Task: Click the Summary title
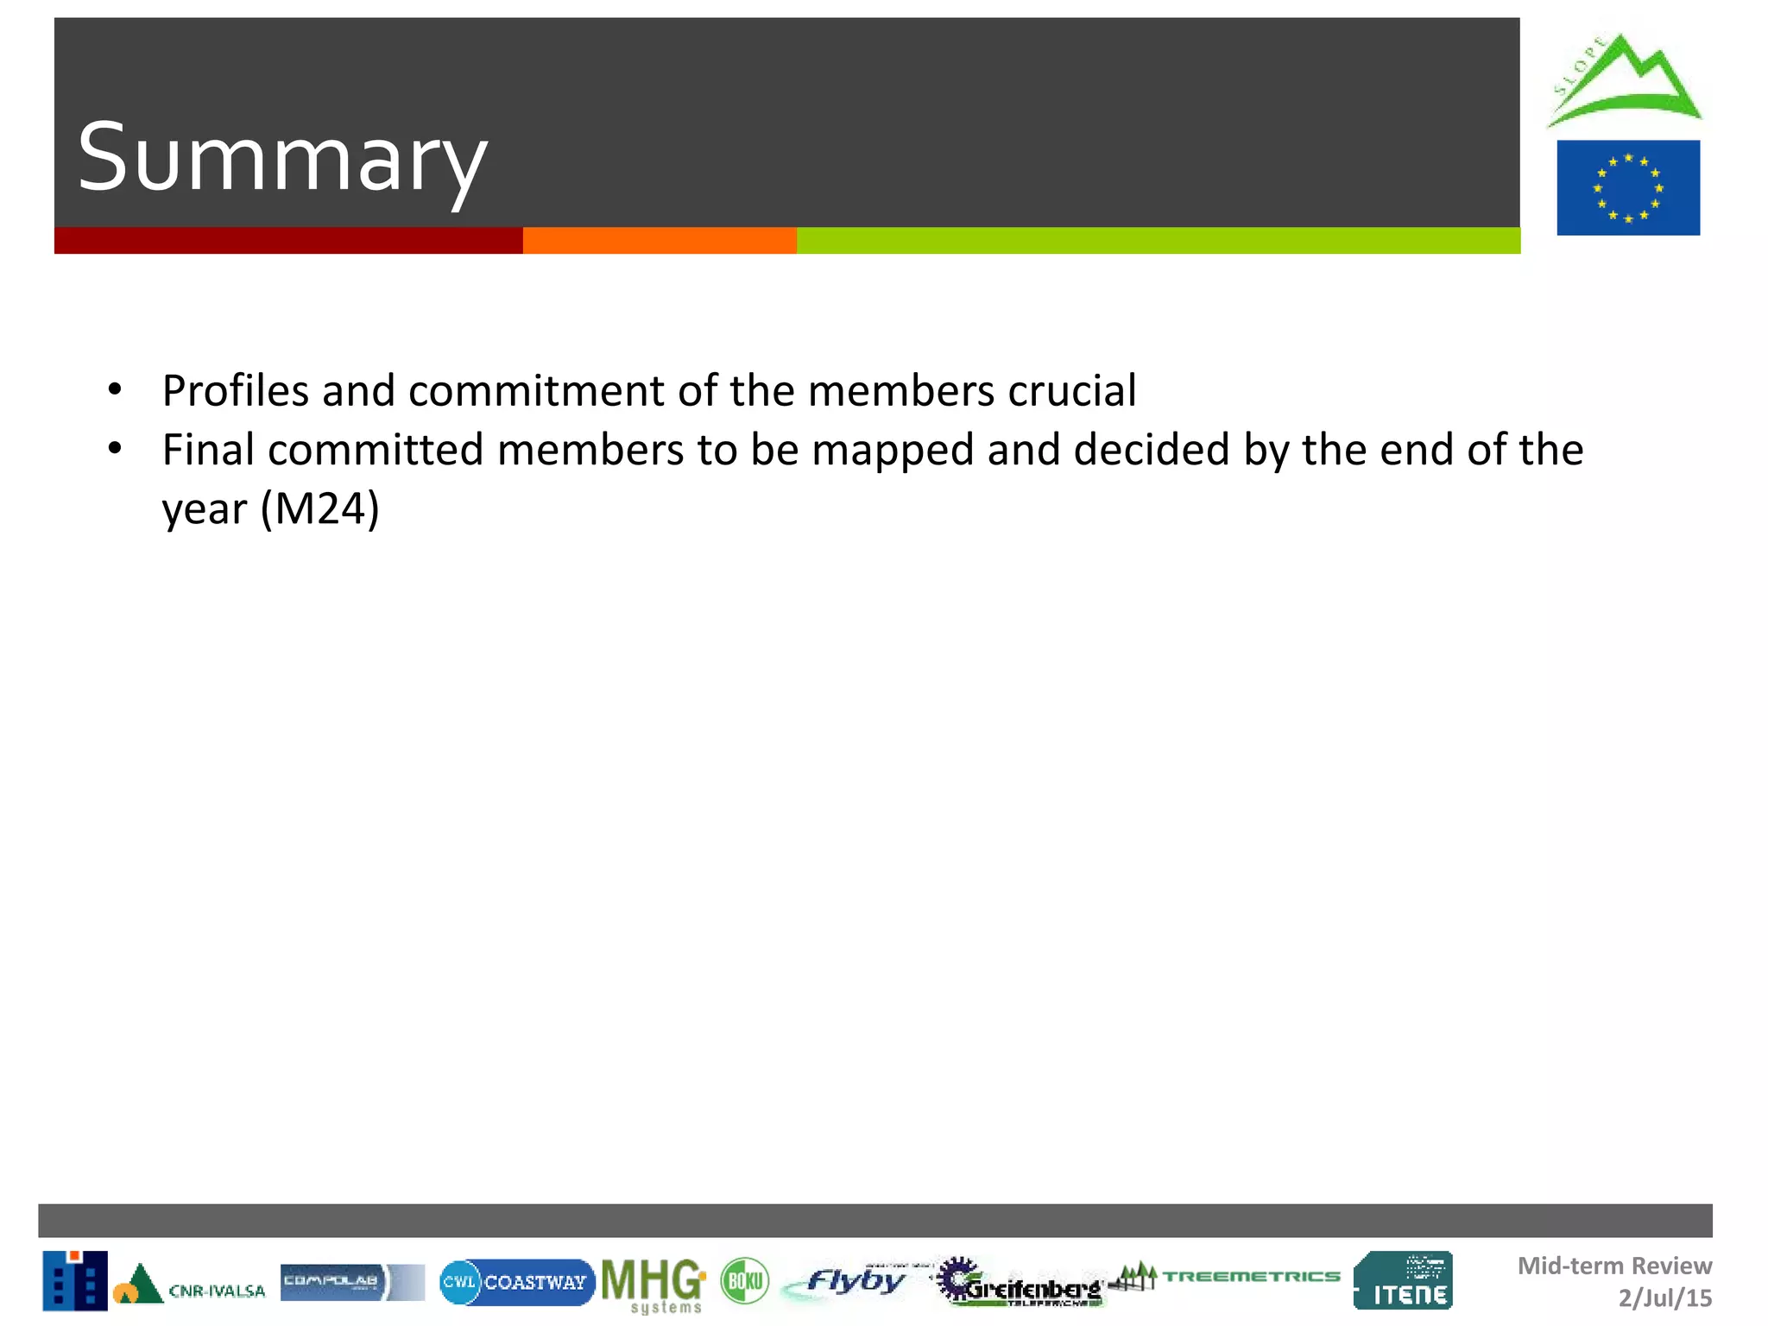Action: coord(282,158)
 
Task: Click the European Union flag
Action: coord(1628,187)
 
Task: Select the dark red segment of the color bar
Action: coord(288,241)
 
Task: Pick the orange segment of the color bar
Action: coord(660,241)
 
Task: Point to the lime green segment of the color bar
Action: coord(1158,241)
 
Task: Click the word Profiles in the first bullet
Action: coord(235,390)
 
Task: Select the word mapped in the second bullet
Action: coord(893,451)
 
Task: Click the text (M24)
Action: coord(320,508)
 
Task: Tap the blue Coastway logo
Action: coord(517,1282)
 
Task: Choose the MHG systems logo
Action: coord(654,1285)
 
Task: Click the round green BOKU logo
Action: coord(744,1281)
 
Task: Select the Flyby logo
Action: coord(850,1281)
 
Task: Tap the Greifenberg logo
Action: coord(1021,1284)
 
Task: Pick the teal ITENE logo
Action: coord(1403,1280)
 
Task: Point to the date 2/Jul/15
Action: coord(1664,1298)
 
